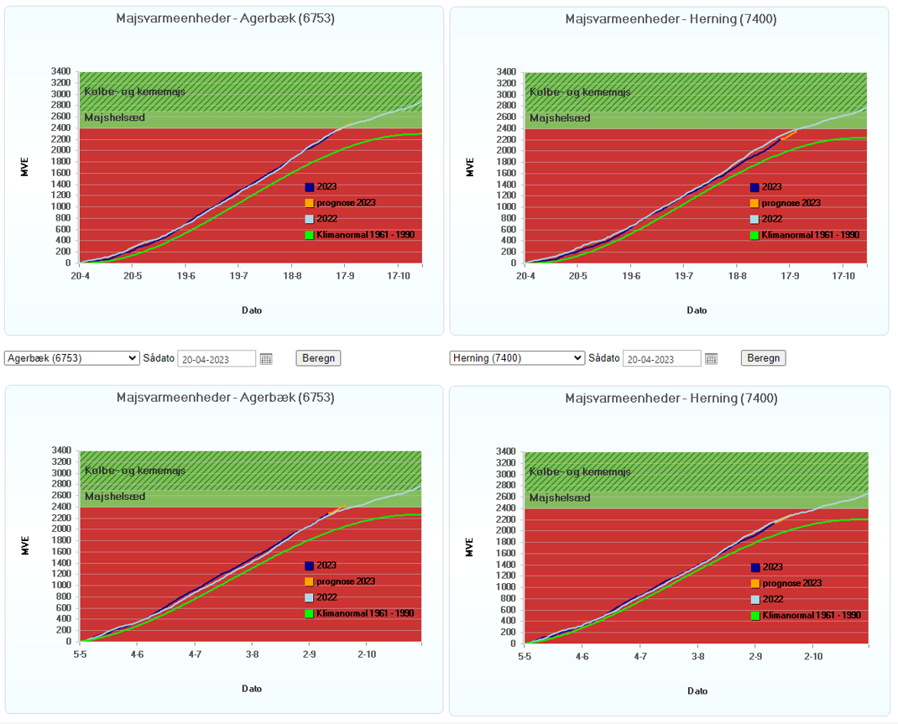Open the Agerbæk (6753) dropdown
pos(71,358)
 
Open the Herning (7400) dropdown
pos(516,358)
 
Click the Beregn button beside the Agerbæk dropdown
pos(318,358)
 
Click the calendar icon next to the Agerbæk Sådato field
pos(266,359)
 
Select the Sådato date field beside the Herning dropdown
pos(662,359)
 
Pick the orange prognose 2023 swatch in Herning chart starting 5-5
pos(754,583)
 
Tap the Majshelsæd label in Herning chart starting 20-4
pos(560,118)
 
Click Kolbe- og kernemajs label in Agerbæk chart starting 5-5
pos(134,470)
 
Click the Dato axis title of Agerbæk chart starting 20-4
pos(252,310)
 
